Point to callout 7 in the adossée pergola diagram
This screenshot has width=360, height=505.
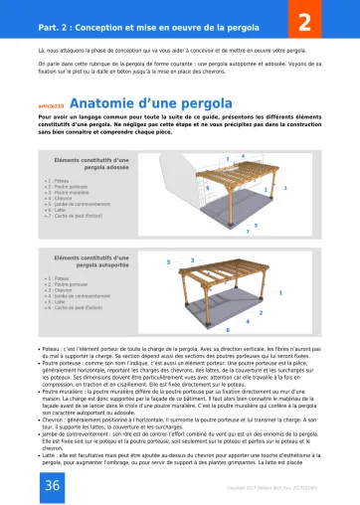point(247,232)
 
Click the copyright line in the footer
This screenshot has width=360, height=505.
point(281,488)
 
